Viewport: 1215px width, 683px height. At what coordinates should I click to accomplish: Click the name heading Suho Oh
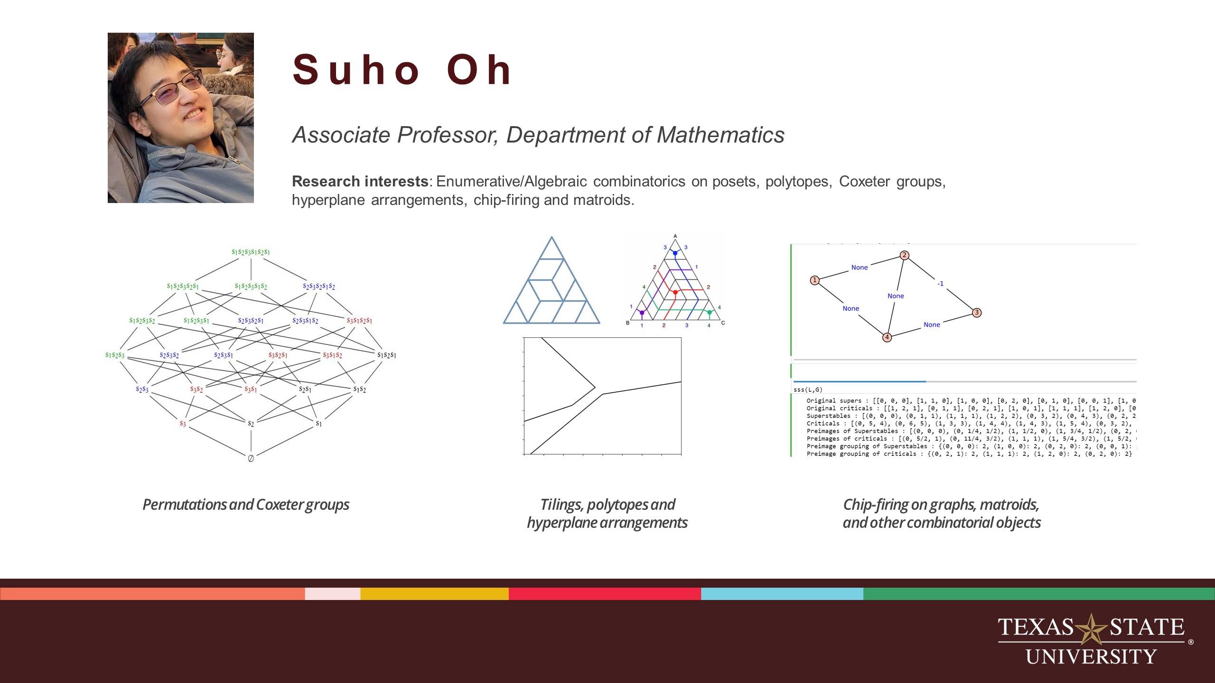point(402,70)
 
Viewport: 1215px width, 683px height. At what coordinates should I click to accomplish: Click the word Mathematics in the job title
point(720,135)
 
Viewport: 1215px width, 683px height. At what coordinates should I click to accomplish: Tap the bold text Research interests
point(360,181)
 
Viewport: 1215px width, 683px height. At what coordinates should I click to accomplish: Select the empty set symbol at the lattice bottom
point(251,458)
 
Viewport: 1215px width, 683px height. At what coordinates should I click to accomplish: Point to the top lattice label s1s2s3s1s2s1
point(251,252)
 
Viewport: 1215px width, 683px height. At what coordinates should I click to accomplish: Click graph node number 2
point(905,255)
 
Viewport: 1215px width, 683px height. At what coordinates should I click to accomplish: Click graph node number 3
point(976,313)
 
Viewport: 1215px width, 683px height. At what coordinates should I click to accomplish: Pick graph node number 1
point(814,280)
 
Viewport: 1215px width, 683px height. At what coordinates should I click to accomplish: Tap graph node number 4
point(887,337)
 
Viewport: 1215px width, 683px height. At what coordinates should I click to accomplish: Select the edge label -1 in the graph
point(940,284)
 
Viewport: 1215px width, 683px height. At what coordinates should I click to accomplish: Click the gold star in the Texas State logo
point(1091,629)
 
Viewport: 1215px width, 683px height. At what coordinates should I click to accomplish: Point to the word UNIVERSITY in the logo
point(1091,657)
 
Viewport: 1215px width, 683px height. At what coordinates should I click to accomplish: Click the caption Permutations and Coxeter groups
point(246,504)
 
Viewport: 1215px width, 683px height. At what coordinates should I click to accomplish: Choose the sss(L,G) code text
point(808,390)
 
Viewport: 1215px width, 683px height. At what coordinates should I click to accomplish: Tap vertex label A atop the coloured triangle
point(675,236)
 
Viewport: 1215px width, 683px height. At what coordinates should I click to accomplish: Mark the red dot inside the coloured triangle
point(675,292)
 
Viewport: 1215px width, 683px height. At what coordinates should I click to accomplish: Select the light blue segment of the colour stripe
point(782,594)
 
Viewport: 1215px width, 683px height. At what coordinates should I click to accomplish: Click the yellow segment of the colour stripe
point(434,594)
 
